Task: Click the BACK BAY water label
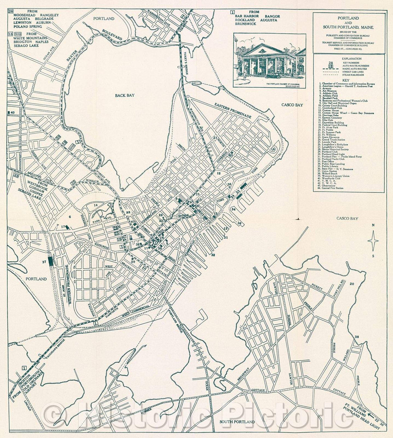125,95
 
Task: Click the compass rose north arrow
373,241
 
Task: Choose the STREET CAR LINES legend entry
355,72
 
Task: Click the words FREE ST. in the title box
334,47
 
